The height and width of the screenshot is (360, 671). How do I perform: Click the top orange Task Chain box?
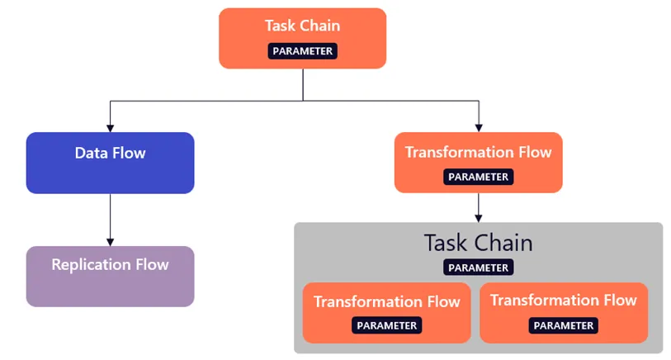302,37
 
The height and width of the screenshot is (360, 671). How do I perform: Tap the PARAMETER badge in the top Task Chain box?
302,51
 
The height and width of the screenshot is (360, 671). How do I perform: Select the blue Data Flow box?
110,163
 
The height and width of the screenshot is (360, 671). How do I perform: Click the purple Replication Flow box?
110,276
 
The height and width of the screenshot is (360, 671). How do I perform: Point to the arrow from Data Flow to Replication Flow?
110,219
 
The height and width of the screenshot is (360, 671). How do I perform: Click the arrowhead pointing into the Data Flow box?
110,127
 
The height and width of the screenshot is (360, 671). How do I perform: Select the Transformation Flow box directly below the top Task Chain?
478,162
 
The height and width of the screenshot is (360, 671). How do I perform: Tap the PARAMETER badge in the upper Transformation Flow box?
478,177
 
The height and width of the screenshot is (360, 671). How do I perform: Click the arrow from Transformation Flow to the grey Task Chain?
478,206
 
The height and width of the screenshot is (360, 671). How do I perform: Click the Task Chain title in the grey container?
478,243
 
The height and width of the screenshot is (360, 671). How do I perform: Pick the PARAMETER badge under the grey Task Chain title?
478,268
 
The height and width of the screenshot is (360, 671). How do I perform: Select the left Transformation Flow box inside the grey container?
386,312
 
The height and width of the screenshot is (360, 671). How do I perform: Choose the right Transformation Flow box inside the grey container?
563,312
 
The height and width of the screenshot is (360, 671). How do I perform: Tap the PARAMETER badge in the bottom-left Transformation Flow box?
386,325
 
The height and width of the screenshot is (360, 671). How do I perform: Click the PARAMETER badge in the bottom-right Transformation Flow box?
563,325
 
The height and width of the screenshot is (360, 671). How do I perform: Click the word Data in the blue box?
91,153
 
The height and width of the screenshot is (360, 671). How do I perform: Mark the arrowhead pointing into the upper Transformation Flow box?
478,127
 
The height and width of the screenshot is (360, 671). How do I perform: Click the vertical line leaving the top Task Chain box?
302,84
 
